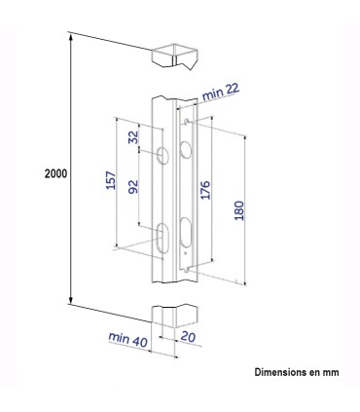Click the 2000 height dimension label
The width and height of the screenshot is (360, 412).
click(54, 172)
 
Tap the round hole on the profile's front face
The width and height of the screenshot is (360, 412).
click(163, 155)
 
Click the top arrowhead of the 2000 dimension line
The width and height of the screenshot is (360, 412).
click(71, 36)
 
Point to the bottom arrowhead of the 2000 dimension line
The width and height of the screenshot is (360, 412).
click(71, 304)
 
